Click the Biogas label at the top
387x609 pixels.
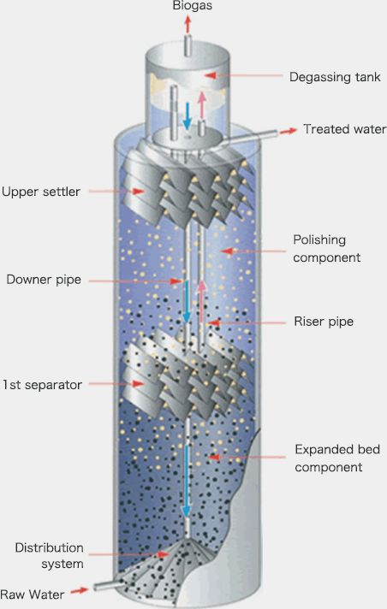coord(193,8)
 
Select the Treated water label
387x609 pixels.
coord(344,129)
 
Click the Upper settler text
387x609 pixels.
coord(41,192)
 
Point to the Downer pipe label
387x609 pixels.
coord(43,279)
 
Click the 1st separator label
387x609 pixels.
coord(43,385)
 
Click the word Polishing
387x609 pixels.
coord(322,240)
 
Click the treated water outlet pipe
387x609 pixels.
coord(257,137)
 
